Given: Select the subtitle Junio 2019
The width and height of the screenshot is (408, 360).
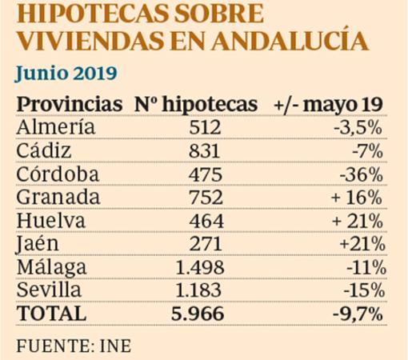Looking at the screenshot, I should tap(66, 74).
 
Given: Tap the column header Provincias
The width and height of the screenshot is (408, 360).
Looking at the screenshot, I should tap(68, 106).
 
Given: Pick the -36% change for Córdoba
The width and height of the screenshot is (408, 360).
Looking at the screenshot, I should tap(362, 173).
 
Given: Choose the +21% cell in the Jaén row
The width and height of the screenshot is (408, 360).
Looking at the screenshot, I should tap(364, 243).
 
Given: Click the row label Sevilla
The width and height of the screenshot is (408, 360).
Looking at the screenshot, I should tap(49, 290).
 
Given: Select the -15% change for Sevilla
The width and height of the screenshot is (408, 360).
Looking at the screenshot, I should tap(364, 290).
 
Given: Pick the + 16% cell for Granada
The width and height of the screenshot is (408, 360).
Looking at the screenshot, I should tap(358, 197).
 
